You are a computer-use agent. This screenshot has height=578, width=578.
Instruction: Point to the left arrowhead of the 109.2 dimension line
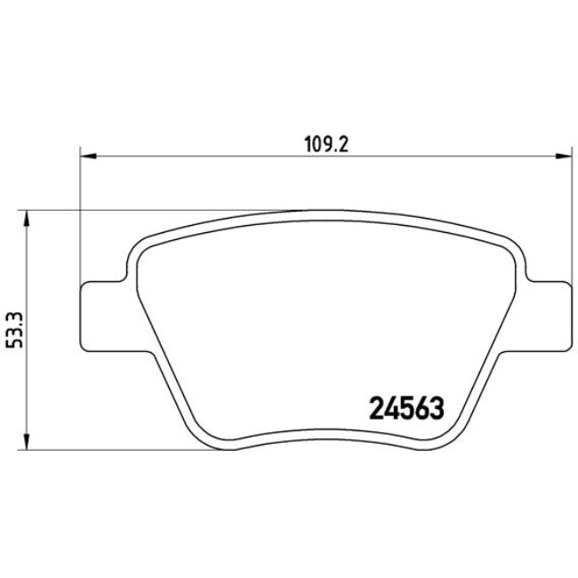86,157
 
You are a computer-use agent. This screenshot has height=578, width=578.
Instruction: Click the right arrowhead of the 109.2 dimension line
565,157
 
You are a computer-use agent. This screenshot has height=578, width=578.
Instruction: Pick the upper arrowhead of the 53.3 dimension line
27,217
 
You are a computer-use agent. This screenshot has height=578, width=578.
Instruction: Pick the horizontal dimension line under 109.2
222,157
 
